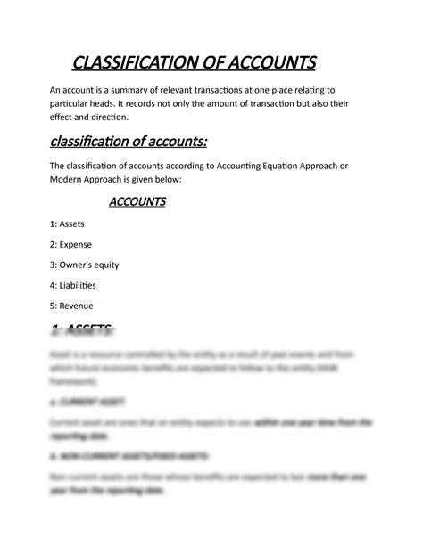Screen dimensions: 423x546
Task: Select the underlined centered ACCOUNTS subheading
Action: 137,202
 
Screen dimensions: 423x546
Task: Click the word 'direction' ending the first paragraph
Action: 106,117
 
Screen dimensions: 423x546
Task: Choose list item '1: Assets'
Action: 68,224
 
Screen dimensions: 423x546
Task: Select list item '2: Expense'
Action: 70,244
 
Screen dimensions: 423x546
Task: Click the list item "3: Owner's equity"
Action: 85,265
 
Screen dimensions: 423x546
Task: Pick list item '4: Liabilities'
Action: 73,285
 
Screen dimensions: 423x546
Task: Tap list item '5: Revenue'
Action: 71,306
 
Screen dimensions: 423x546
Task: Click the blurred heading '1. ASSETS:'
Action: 82,330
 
